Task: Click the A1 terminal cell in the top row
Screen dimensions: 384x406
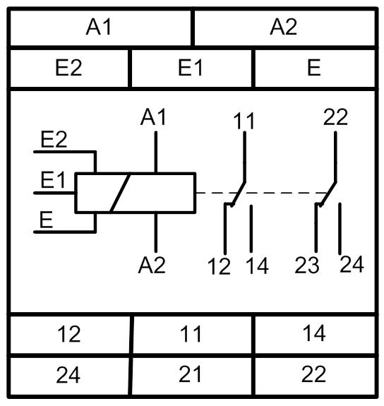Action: (x=100, y=28)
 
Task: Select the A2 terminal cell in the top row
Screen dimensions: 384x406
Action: (x=284, y=28)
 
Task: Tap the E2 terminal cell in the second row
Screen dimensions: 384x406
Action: (x=69, y=68)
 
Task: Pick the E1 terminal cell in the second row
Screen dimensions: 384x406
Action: (x=191, y=68)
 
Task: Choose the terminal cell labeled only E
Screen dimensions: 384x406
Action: (x=315, y=68)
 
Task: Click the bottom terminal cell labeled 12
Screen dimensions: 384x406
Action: (x=69, y=334)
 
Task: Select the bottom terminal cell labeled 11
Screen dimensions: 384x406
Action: (x=192, y=334)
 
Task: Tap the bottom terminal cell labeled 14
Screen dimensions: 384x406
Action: (x=315, y=334)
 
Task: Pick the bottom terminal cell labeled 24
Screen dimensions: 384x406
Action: (x=69, y=375)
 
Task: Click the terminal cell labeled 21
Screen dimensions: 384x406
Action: (x=191, y=375)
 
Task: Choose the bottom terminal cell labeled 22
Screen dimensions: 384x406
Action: (x=315, y=375)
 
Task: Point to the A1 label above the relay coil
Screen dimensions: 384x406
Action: (x=153, y=117)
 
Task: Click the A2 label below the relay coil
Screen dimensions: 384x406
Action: (x=152, y=265)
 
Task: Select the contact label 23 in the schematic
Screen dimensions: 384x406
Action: (x=307, y=265)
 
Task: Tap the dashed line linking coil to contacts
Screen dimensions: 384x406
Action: (x=261, y=193)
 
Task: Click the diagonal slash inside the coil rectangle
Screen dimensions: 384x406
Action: (x=119, y=193)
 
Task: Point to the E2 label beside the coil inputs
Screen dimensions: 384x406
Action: (x=54, y=139)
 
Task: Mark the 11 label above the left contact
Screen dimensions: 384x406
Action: (x=244, y=121)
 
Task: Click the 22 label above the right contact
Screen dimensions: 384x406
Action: (x=335, y=117)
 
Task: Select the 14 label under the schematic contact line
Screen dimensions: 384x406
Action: (x=257, y=265)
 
